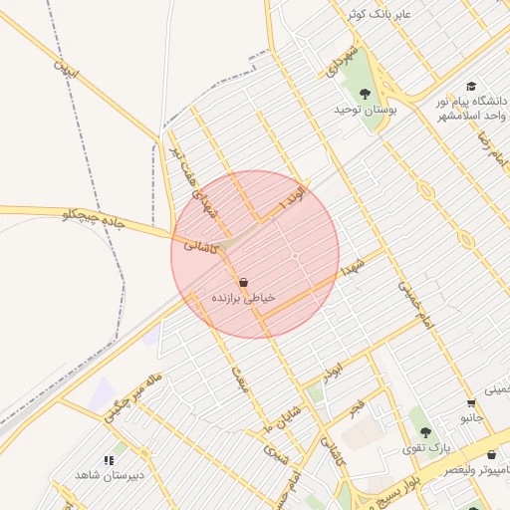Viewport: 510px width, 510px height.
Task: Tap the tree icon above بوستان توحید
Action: pyautogui.click(x=366, y=94)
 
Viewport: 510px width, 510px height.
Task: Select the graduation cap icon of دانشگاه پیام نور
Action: pyautogui.click(x=471, y=86)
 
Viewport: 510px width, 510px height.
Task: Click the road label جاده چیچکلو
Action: pyautogui.click(x=93, y=216)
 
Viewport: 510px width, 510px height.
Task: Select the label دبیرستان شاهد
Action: pyautogui.click(x=110, y=474)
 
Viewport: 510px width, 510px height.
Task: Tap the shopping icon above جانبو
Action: pyautogui.click(x=471, y=403)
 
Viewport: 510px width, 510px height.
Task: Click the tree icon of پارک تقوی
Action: pyautogui.click(x=426, y=432)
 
